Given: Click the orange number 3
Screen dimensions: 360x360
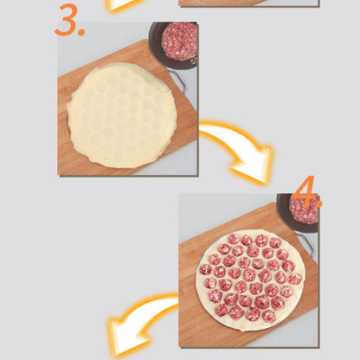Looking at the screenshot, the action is (x=67, y=20).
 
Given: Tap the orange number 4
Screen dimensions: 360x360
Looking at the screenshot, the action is (x=304, y=191).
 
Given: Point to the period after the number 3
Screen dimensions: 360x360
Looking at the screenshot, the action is (x=81, y=32).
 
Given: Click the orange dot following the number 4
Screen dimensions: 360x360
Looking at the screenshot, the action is (x=318, y=203).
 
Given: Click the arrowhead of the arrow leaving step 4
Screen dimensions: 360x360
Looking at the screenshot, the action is (x=127, y=337).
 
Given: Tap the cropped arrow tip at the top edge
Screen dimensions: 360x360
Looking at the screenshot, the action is (x=121, y=4).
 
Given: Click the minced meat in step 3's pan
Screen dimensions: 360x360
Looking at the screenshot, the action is (x=179, y=40).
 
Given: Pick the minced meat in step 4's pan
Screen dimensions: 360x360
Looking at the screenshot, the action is (x=304, y=209).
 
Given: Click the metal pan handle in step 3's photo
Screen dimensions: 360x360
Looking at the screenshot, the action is (x=179, y=80).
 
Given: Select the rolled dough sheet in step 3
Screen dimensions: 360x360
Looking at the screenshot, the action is (x=122, y=115).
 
